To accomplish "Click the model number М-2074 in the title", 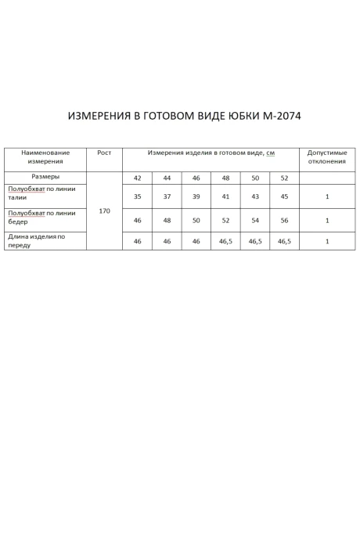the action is [x=274, y=117].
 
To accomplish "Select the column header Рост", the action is [x=104, y=153].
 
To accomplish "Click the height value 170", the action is [x=104, y=211].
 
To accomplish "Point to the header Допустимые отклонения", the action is [x=327, y=157].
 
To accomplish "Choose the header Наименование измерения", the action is [x=45, y=157].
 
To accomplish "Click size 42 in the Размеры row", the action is [x=138, y=178].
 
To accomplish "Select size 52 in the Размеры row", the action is [x=284, y=178].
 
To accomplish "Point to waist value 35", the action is [x=138, y=196].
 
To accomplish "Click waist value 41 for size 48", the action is [x=225, y=196].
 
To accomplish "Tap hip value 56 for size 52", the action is [x=284, y=221].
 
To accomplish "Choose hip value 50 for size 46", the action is [x=196, y=221].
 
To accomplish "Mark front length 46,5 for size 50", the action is [x=255, y=242].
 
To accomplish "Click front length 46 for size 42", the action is [x=138, y=242].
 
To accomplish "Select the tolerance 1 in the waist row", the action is [x=327, y=196].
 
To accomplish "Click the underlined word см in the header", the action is [x=271, y=153].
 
